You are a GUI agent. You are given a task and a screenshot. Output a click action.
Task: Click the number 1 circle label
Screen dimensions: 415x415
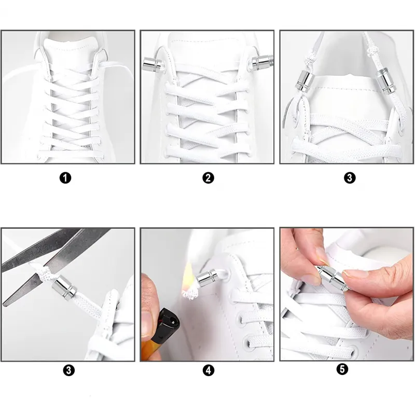65,178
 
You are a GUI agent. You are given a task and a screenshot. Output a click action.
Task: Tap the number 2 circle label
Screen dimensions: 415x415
208,178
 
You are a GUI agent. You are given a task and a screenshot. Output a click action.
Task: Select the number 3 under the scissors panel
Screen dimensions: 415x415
68,370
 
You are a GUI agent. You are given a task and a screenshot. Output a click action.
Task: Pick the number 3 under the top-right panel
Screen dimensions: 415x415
349,178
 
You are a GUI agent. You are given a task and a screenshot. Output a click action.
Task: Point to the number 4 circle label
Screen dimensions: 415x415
209,370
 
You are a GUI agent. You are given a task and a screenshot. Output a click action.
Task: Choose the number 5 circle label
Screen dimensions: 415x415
342,369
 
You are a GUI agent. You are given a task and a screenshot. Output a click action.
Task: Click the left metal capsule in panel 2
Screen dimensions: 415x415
152,64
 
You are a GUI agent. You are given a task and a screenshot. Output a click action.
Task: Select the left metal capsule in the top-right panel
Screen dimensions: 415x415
305,81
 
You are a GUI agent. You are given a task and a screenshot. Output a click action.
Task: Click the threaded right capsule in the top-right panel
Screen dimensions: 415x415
385,81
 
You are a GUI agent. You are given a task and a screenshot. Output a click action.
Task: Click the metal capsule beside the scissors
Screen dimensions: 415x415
64,288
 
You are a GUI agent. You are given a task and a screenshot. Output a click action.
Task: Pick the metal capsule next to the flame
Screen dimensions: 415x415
209,278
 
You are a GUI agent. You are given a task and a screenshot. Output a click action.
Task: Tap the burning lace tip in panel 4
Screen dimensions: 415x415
190,294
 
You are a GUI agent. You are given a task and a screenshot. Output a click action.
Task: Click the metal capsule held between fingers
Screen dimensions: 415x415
331,278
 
